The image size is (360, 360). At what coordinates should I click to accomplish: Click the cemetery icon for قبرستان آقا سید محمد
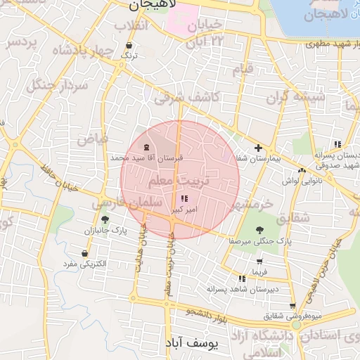(x=146, y=147)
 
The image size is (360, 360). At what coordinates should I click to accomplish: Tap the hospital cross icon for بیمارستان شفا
(x=259, y=148)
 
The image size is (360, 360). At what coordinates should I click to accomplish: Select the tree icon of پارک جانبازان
(x=105, y=219)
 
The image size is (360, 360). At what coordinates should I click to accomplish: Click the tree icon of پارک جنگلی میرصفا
(x=260, y=230)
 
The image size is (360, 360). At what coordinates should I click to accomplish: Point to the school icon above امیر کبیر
(x=184, y=199)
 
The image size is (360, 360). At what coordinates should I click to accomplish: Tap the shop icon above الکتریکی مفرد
(x=85, y=253)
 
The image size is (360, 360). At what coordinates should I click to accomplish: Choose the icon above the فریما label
(x=261, y=260)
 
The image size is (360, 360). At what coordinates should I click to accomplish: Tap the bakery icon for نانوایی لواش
(x=302, y=170)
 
